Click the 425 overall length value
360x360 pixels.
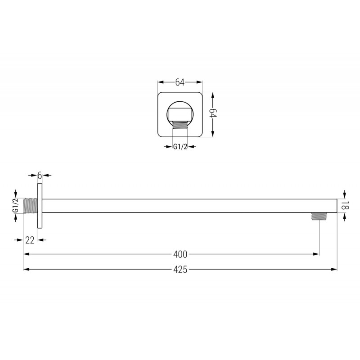tap(180, 270)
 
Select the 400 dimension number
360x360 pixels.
tap(180, 254)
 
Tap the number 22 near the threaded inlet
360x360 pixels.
tap(30, 240)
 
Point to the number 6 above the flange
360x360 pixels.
tap(40, 175)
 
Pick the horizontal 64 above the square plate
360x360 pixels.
tap(180, 82)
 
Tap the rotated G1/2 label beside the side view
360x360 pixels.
tap(15, 205)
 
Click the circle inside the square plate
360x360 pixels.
tap(180, 112)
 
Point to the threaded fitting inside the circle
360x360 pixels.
tap(180, 124)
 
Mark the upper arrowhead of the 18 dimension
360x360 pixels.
tap(344, 195)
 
